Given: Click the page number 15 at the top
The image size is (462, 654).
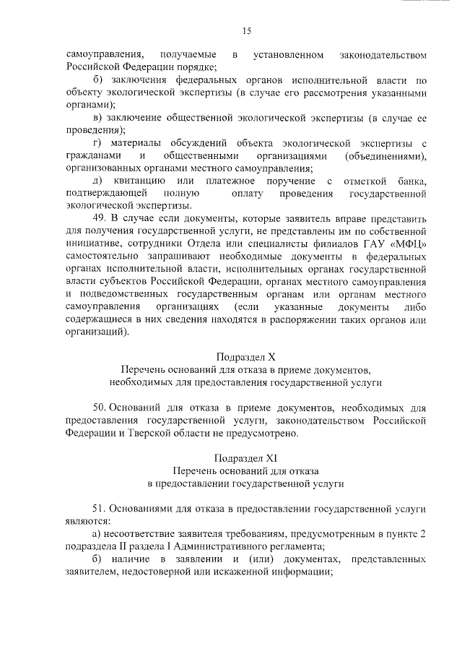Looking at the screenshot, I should coord(246,30).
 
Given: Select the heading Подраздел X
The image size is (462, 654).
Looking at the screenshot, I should coord(245,357).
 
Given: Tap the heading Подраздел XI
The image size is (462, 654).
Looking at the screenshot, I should coord(245,457).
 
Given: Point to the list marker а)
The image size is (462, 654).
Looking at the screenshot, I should coord(99,533).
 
